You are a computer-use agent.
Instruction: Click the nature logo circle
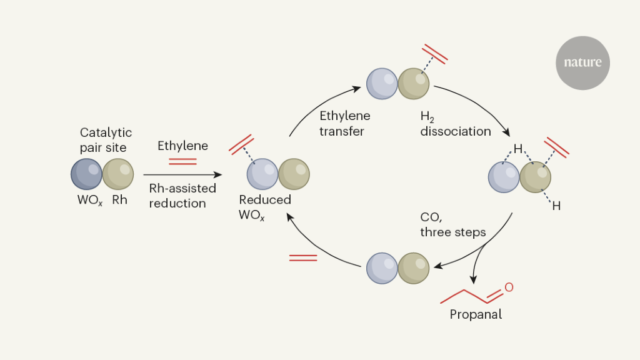pyautogui.click(x=582, y=62)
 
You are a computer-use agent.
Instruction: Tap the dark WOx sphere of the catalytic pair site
pyautogui.click(x=86, y=174)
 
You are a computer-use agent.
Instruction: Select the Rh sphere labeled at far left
pyautogui.click(x=118, y=174)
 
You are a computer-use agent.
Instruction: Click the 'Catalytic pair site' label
pyautogui.click(x=106, y=140)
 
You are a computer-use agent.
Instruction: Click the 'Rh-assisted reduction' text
pyautogui.click(x=182, y=196)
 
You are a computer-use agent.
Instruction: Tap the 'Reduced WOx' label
pyautogui.click(x=265, y=206)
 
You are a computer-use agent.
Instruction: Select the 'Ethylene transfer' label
pyautogui.click(x=344, y=123)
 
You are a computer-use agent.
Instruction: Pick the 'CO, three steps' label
pyautogui.click(x=452, y=224)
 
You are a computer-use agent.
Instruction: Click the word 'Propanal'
pyautogui.click(x=476, y=314)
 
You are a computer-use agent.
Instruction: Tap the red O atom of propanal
pyautogui.click(x=509, y=287)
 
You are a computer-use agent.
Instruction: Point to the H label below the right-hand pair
pyautogui.click(x=556, y=205)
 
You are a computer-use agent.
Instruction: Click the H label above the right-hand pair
pyautogui.click(x=517, y=149)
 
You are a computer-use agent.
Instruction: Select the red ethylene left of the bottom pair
pyautogui.click(x=303, y=257)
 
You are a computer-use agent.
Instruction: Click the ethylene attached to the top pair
pyautogui.click(x=435, y=54)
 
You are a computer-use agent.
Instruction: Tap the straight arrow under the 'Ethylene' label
pyautogui.click(x=182, y=176)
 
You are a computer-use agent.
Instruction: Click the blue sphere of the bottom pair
pyautogui.click(x=382, y=267)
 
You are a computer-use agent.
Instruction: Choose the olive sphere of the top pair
pyautogui.click(x=414, y=83)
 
